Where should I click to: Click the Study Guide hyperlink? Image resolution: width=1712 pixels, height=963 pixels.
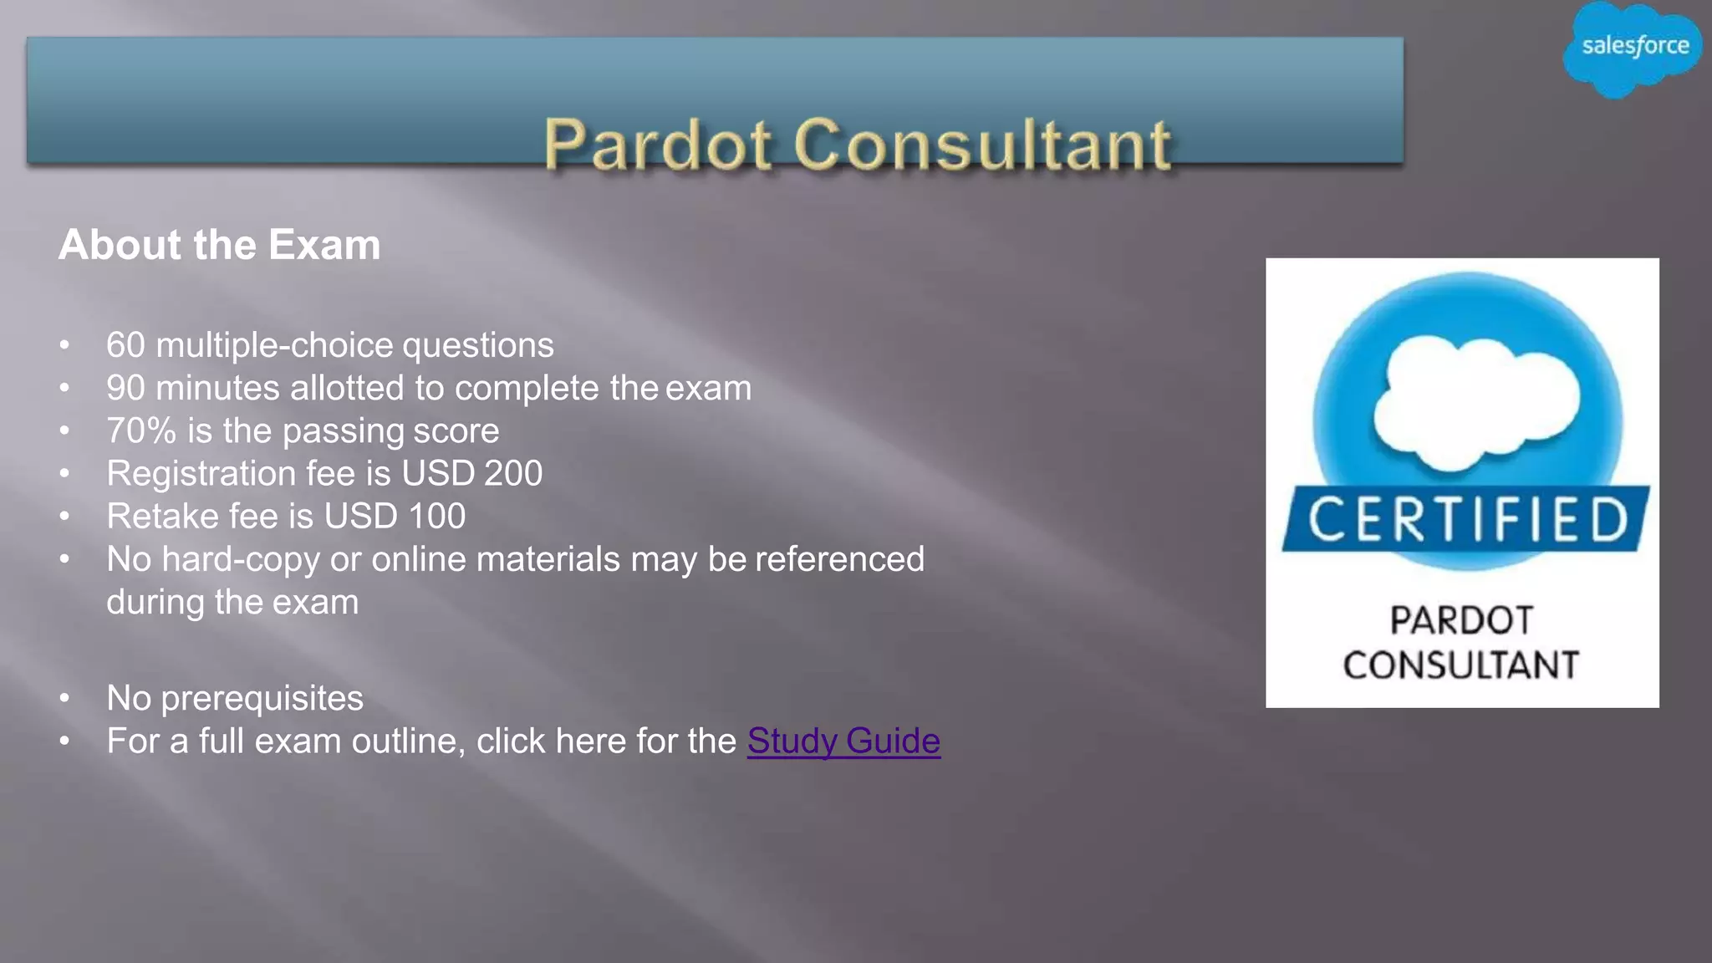pos(843,741)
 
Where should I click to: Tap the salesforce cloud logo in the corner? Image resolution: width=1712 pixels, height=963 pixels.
pos(1633,48)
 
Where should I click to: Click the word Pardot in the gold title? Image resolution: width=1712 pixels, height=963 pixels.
pos(657,145)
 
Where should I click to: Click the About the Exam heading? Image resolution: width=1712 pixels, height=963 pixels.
pos(219,245)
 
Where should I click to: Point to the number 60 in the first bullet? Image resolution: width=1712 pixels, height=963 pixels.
pos(125,345)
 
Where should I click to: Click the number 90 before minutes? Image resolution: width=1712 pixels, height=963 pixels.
pos(125,388)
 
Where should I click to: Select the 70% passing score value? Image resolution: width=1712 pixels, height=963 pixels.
pos(140,431)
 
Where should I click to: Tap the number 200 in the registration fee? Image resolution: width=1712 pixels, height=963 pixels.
pos(513,474)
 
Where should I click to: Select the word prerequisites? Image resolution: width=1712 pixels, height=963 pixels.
pos(262,699)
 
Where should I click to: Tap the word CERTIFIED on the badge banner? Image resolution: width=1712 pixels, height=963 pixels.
pos(1467,520)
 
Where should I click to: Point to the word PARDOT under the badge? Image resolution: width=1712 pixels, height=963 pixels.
pos(1461,621)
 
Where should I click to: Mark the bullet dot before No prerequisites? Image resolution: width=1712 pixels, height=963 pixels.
pos(65,698)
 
